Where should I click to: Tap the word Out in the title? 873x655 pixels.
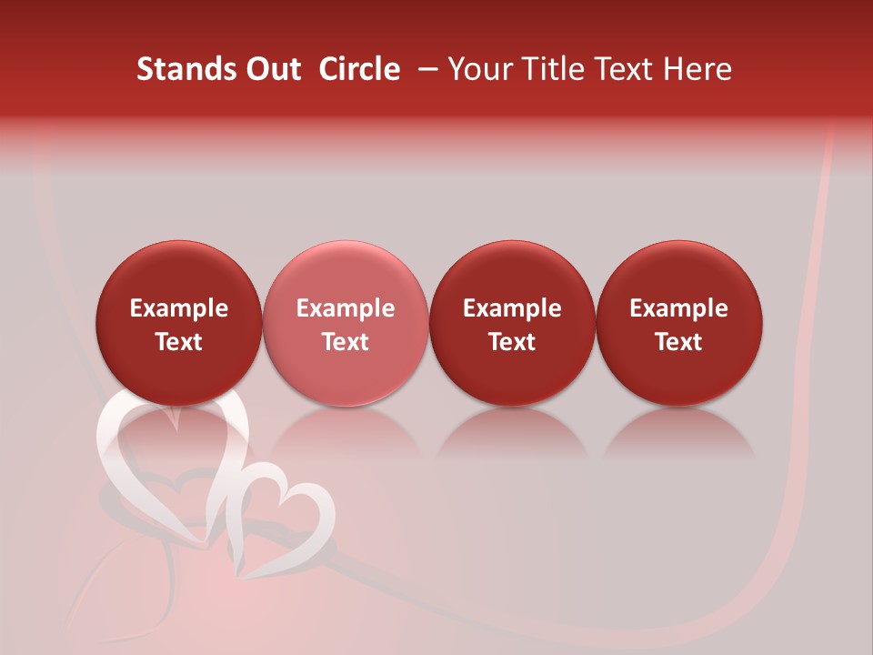[x=270, y=69]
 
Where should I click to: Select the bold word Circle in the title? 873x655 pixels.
[x=359, y=69]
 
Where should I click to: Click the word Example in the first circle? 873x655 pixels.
[x=178, y=308]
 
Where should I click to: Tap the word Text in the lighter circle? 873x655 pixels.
[x=346, y=342]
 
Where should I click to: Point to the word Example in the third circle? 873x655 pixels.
[x=512, y=308]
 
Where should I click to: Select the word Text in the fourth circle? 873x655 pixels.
[x=678, y=342]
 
